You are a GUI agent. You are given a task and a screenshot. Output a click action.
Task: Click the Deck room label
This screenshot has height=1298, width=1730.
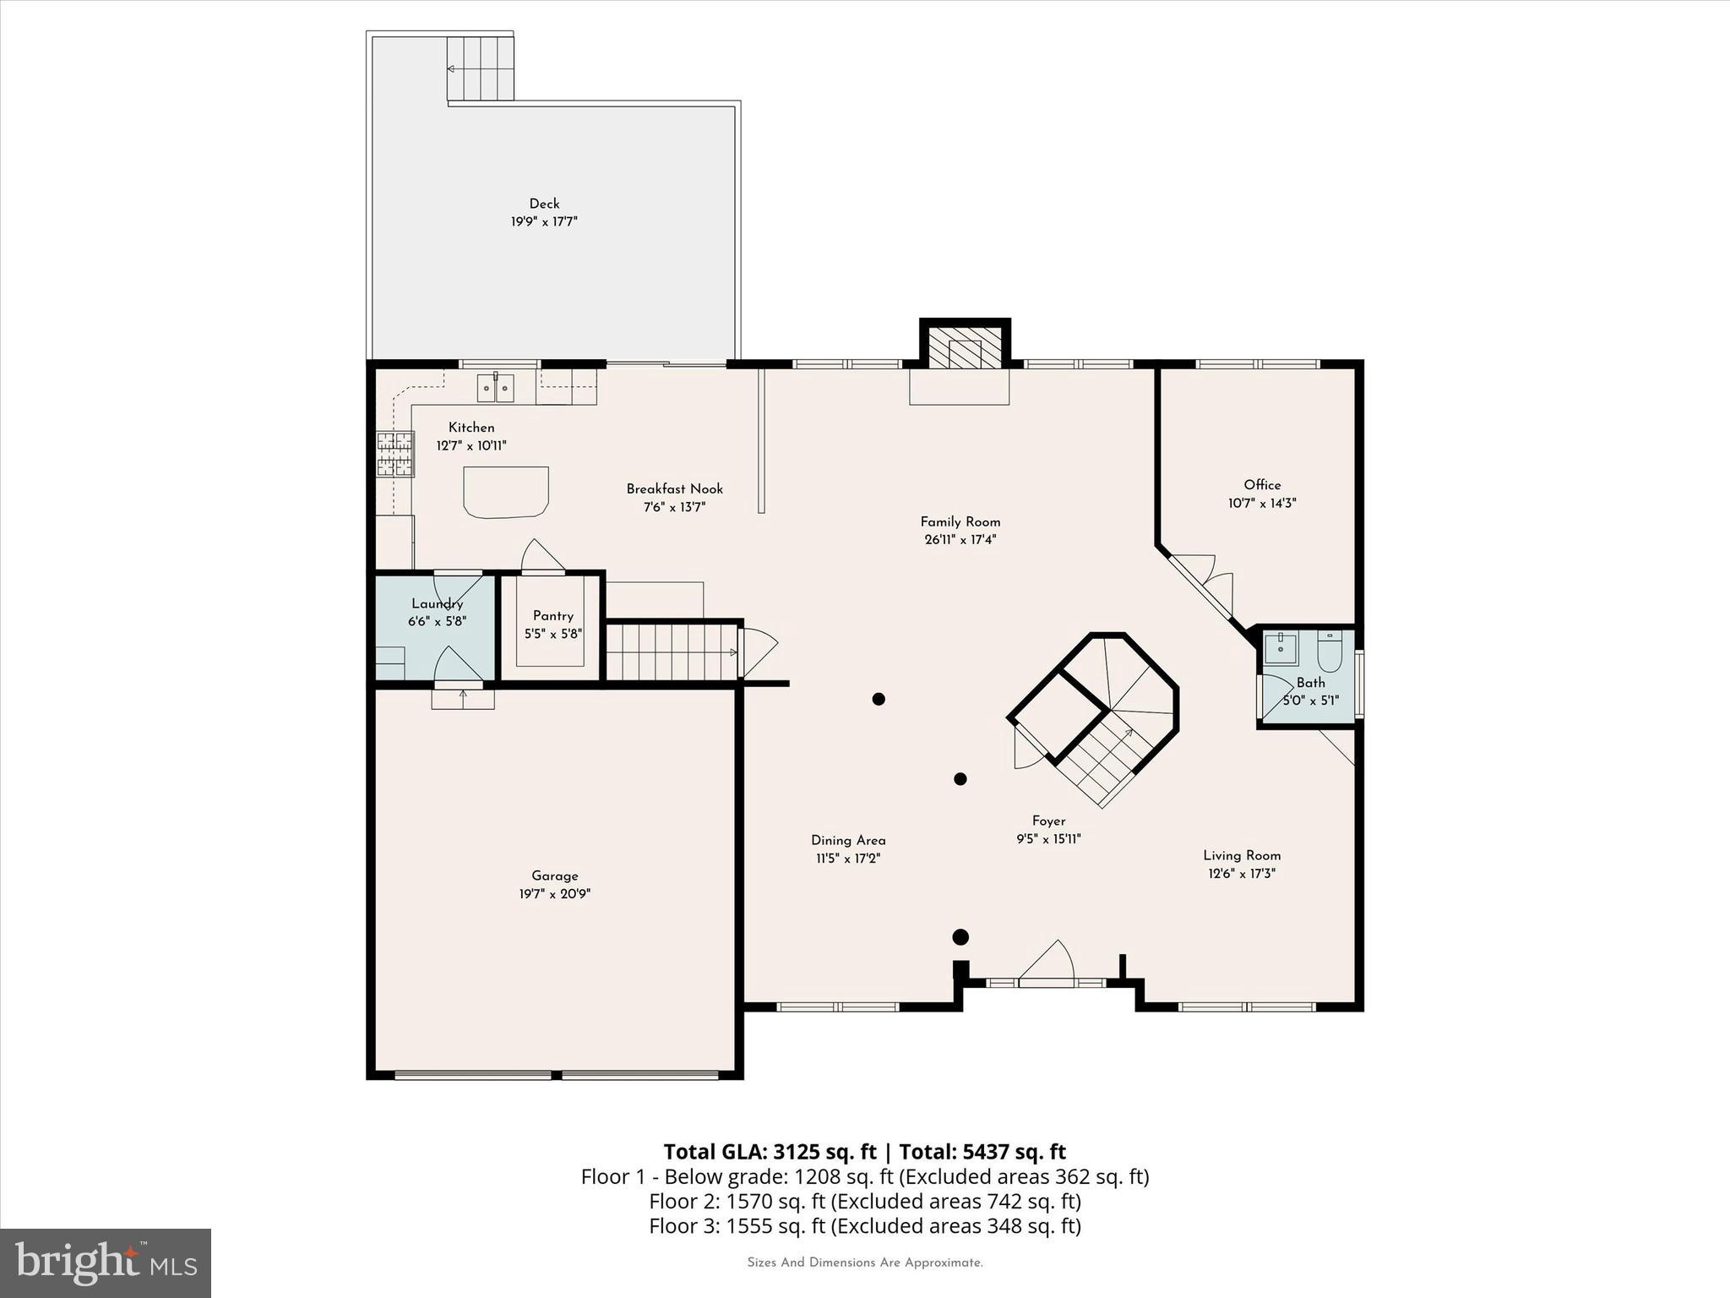click(544, 204)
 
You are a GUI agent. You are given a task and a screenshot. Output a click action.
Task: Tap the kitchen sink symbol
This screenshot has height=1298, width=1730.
click(496, 388)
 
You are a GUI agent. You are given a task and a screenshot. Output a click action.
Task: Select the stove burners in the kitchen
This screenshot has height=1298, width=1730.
click(394, 454)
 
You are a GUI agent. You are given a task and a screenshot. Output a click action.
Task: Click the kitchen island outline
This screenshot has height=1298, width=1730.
click(505, 491)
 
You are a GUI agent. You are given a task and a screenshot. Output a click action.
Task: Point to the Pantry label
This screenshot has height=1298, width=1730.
click(552, 616)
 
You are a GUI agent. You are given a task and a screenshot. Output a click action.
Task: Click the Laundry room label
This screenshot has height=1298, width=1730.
click(437, 603)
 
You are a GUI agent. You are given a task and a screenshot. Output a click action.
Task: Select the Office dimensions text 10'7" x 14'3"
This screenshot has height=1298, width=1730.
click(1261, 504)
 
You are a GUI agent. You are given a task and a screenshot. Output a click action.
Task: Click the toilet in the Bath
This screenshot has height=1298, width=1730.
click(1329, 654)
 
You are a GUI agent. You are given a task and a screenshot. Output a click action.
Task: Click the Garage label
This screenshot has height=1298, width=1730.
click(554, 876)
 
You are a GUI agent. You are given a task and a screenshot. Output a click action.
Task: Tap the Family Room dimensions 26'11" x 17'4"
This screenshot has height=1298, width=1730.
click(960, 540)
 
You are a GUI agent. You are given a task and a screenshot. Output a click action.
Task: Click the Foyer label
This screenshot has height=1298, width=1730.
click(1048, 821)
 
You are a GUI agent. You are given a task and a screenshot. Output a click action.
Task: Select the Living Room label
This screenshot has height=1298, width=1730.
click(1241, 855)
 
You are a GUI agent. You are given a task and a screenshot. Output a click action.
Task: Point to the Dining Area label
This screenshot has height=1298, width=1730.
click(847, 840)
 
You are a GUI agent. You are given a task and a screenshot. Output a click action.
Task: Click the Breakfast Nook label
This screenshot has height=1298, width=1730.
click(674, 489)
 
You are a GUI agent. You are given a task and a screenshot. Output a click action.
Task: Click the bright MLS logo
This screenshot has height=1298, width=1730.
click(105, 1263)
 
